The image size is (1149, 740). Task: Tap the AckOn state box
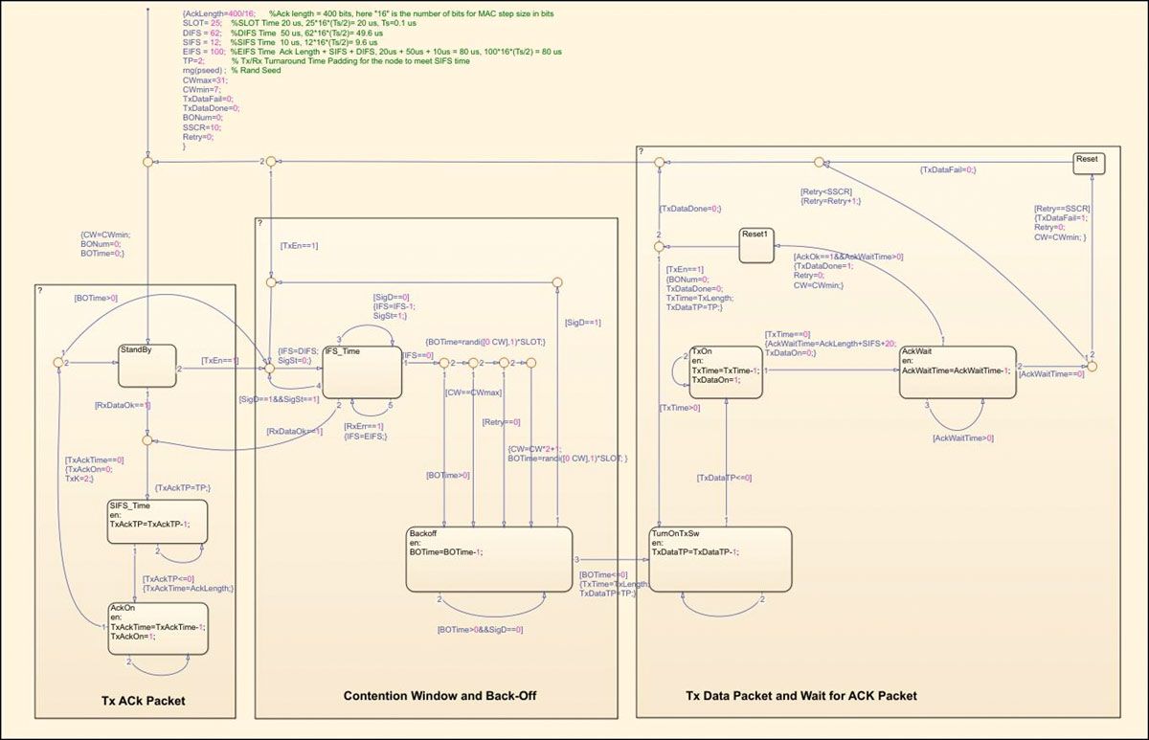tap(158, 627)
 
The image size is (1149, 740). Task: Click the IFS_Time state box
tap(361, 370)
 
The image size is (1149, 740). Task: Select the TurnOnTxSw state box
tap(721, 559)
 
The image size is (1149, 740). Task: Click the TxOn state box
tap(728, 371)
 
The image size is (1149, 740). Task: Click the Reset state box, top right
tap(1088, 162)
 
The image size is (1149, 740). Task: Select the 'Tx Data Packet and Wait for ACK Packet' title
tap(801, 696)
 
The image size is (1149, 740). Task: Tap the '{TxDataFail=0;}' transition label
tap(947, 169)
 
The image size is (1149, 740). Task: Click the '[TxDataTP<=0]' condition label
tap(725, 477)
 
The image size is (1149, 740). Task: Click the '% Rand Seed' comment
tap(256, 71)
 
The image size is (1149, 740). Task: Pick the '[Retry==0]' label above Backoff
tap(502, 421)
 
